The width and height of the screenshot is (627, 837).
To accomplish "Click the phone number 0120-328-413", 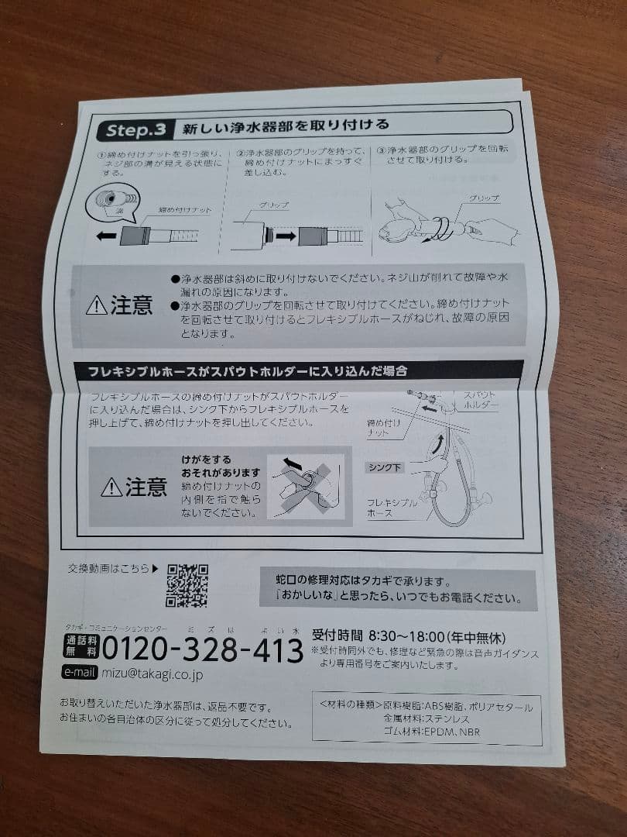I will point(202,649).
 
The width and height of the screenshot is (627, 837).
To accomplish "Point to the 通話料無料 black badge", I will point(81,647).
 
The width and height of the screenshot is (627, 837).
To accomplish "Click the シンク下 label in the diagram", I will point(385,467).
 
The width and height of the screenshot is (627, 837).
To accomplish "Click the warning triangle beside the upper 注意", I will point(97,306).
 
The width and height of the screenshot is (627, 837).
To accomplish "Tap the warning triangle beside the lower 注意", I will point(111,487).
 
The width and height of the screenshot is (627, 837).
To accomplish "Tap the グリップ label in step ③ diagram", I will point(484,199).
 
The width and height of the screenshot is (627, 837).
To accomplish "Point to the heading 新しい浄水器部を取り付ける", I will point(282,126).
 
